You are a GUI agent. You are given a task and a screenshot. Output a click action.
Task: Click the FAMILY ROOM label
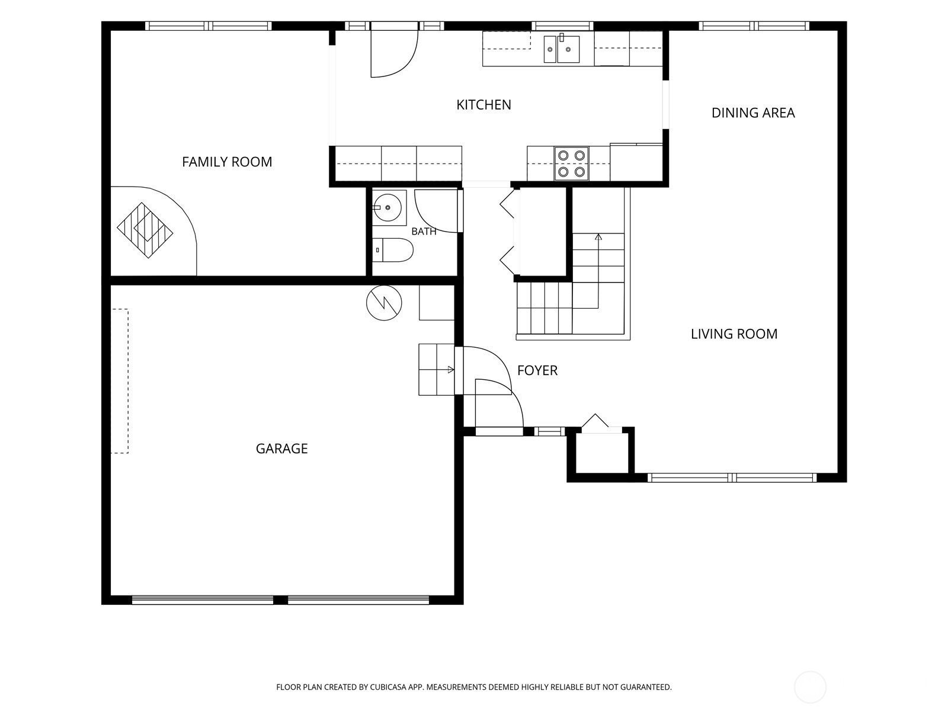point(227,162)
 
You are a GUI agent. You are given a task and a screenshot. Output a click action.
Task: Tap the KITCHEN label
point(483,104)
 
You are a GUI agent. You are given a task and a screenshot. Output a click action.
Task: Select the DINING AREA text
point(753,113)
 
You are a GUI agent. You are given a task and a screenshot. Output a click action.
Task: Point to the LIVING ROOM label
point(734,334)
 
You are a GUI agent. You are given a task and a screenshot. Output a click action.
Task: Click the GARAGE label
point(281,449)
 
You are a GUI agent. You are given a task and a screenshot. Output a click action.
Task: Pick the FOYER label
point(537,370)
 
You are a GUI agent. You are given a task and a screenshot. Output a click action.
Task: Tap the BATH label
point(424,232)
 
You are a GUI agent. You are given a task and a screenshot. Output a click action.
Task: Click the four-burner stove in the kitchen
point(571,163)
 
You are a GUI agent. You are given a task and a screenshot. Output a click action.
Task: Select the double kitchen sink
point(562,49)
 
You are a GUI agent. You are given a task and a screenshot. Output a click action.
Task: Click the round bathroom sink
point(387,207)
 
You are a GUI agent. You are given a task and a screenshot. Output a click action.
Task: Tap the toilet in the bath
point(392,250)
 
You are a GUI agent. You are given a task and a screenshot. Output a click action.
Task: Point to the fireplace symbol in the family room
point(145,230)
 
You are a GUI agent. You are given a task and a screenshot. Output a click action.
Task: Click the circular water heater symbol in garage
point(384,303)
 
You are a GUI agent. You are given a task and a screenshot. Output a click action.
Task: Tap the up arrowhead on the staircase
point(598,236)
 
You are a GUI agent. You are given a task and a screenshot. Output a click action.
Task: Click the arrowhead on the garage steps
point(451,370)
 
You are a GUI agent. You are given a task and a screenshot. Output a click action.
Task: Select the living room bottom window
point(732,478)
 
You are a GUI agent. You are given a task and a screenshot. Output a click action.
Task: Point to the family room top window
point(208,26)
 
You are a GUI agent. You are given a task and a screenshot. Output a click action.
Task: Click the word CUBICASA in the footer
point(388,687)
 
